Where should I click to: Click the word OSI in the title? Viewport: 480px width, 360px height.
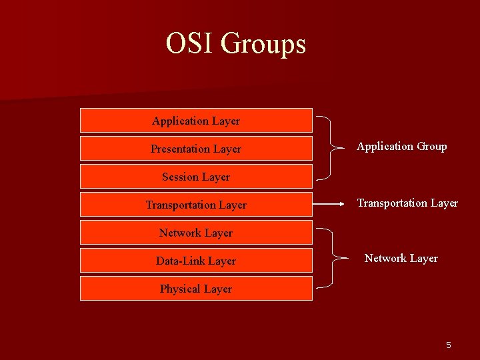point(190,44)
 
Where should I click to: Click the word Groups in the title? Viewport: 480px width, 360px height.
point(263,45)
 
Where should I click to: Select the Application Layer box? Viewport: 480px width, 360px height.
point(196,121)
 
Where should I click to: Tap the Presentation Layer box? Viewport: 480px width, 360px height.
point(196,149)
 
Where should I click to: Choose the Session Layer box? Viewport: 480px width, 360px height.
point(196,177)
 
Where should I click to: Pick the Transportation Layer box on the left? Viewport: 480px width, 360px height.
point(196,205)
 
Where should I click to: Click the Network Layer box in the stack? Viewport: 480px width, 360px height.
point(196,233)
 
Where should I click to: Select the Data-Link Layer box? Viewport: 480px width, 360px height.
point(196,261)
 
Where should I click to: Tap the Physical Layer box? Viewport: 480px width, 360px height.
point(196,289)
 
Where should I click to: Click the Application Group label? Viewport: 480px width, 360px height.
point(401,147)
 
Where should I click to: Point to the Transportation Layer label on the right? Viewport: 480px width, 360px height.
point(407,203)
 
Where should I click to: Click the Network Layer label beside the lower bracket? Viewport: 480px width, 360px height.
point(401,259)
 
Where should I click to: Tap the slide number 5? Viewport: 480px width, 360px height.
point(448,345)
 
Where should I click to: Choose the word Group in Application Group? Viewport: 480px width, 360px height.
point(431,147)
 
